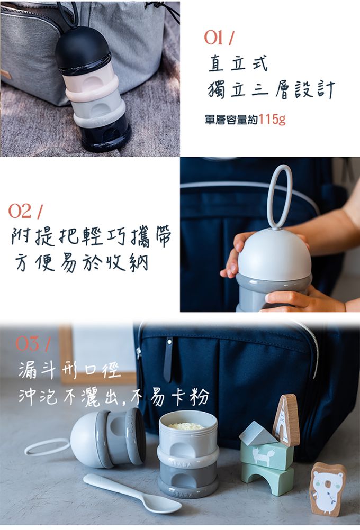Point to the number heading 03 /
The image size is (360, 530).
pos(32,344)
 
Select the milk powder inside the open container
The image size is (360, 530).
pos(186,426)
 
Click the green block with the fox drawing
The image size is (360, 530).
pos(266,455)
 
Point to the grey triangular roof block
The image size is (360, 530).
pos(257,433)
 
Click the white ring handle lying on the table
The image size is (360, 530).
pos(47,447)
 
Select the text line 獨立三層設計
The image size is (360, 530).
pos(271,90)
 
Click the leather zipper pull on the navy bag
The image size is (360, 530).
pos(168,360)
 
